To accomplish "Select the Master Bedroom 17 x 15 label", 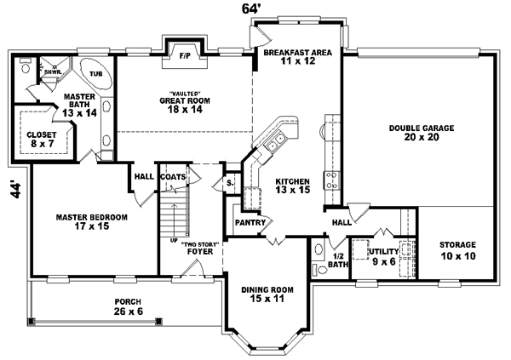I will pyautogui.click(x=91, y=222).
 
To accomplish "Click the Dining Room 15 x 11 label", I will pyautogui.click(x=267, y=294).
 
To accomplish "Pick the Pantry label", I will pyautogui.click(x=252, y=223).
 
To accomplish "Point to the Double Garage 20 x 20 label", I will pyautogui.click(x=416, y=133).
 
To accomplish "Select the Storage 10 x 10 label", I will pyautogui.click(x=457, y=250).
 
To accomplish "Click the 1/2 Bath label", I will pyautogui.click(x=339, y=260).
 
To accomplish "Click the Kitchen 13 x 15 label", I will pyautogui.click(x=291, y=186).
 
